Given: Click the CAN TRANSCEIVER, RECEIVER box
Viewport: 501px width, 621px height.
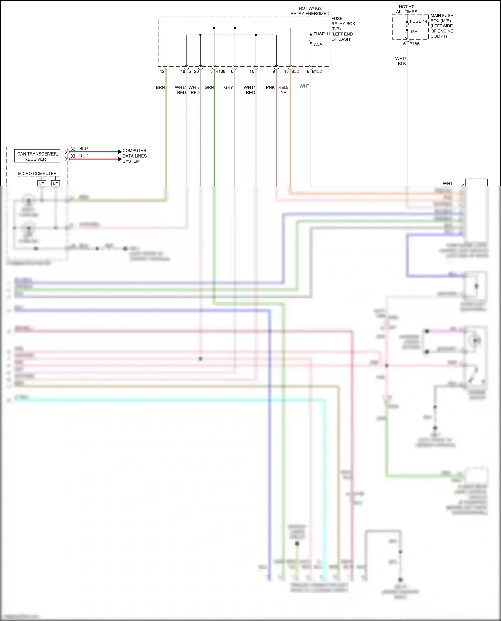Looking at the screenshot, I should click(x=37, y=156).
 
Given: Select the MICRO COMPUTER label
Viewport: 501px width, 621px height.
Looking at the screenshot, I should click(x=37, y=173).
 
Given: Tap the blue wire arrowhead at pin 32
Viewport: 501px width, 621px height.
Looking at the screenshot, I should click(x=120, y=152).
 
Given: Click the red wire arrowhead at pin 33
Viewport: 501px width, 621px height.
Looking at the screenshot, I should click(x=120, y=159).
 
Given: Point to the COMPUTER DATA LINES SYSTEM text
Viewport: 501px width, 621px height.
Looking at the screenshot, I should click(x=134, y=156).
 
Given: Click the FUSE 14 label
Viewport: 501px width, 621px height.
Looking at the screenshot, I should click(x=418, y=21).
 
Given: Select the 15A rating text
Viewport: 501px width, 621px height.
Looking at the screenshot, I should click(x=414, y=32).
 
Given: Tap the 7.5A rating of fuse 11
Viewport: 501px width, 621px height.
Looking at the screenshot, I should click(x=318, y=44).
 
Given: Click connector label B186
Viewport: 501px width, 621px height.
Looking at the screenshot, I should click(x=414, y=44).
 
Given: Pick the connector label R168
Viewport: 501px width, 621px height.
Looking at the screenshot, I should click(x=220, y=71).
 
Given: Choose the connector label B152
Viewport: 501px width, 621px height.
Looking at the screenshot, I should click(x=317, y=71).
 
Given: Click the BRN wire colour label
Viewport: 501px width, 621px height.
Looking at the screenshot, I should click(x=160, y=87).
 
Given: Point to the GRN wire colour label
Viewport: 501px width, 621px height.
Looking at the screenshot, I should click(x=209, y=87).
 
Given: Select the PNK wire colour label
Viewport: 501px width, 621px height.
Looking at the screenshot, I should click(x=270, y=87).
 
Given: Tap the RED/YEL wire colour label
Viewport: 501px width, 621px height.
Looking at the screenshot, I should click(x=283, y=90).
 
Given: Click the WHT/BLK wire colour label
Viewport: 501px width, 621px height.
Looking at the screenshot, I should click(x=401, y=61).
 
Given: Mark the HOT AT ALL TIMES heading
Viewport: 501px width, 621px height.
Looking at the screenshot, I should click(x=406, y=9).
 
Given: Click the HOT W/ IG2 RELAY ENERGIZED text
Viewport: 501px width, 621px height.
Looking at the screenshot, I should click(x=310, y=11).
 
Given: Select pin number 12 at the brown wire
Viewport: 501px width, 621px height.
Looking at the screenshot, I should click(x=162, y=71).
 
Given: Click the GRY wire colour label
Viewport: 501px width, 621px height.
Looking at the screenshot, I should click(x=228, y=87).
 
